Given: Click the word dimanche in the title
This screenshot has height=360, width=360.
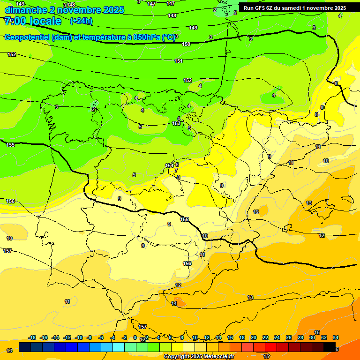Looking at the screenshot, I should pos(23,10).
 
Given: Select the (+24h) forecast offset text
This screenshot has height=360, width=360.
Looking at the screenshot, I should pos(81,21).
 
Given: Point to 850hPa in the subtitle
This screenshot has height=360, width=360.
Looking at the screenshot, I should pos(145,37).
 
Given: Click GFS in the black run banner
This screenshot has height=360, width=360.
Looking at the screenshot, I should pos(262,8).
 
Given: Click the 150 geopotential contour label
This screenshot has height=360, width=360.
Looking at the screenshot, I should pos(186,44).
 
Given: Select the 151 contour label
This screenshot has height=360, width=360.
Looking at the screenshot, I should pos(179,61).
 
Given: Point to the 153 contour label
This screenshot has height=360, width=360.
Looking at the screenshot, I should pos(176,123).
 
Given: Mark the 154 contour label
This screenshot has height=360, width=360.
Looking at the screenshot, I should pos(169,165).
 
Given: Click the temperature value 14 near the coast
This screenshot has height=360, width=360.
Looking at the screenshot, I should pos(174,304).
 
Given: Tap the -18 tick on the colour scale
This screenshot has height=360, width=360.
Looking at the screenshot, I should pos(32,337).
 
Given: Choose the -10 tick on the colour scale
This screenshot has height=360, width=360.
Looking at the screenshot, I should pos(79,337).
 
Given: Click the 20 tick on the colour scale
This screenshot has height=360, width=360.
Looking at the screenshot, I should pos(254,337).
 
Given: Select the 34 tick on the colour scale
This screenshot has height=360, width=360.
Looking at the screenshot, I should pos(336,337).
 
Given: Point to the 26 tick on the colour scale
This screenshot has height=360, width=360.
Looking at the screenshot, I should pos(289,337).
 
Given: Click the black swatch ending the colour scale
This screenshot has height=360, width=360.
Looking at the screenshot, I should pos(330,347).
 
